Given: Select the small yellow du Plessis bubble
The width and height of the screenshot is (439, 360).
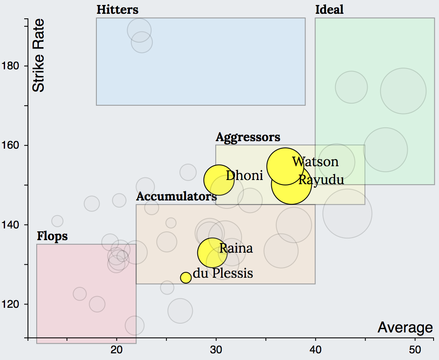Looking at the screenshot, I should click(186, 277).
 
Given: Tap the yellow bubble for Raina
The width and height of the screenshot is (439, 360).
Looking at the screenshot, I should click(212, 252).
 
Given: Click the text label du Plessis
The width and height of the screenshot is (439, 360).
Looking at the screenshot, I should click(223, 274).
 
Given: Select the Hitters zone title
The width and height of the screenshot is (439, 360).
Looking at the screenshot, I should click(117, 10).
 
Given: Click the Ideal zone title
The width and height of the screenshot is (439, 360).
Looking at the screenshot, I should click(329, 10).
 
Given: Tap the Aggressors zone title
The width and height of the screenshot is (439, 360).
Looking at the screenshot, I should click(248, 137).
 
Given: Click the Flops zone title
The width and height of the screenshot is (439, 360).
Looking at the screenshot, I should click(52, 236).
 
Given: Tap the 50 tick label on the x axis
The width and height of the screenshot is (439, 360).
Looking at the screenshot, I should click(415, 350).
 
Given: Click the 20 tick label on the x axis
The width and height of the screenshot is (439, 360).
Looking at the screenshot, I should click(116, 350).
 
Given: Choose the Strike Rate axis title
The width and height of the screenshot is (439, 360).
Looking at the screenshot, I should click(38, 56).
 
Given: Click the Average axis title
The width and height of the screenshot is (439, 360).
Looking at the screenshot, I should click(405, 328).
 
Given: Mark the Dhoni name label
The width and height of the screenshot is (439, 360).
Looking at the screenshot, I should click(244, 176).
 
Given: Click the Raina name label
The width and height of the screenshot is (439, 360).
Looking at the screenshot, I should click(236, 248).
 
